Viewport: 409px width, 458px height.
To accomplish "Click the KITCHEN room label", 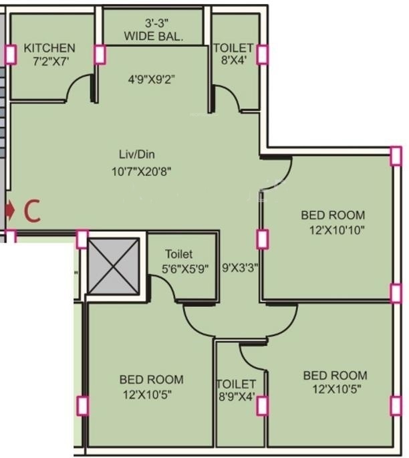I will (x=49, y=48).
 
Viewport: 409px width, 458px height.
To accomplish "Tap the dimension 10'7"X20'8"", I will (x=142, y=171).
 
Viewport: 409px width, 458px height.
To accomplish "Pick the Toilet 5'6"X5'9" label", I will (x=186, y=261).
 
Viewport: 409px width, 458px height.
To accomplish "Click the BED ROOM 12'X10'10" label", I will (x=333, y=222).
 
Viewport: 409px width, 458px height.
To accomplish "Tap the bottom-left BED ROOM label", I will (x=151, y=386).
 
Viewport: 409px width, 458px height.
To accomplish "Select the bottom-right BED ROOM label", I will (x=334, y=382).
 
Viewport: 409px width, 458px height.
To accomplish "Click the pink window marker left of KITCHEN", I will (x=10, y=54).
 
